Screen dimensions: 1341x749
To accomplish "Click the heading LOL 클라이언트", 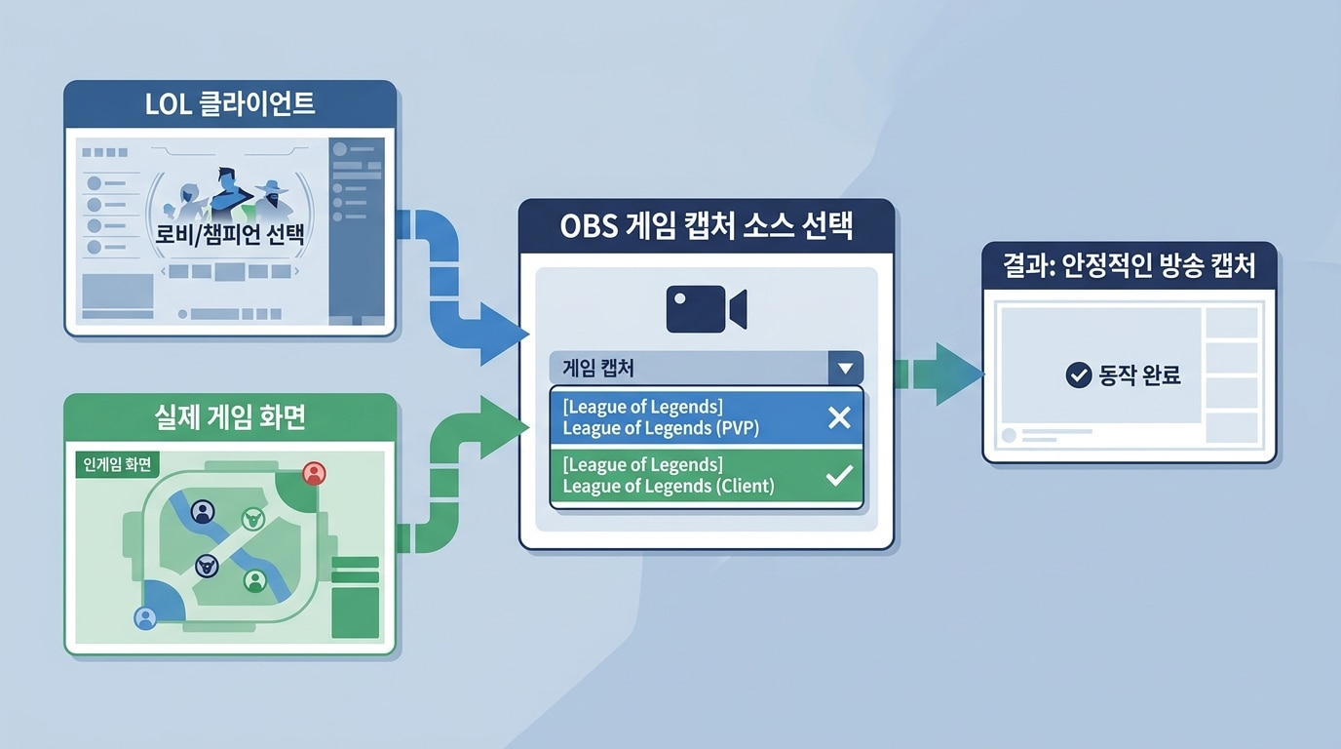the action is pyautogui.click(x=230, y=103).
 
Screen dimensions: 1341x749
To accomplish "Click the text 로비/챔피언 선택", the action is pyautogui.click(x=230, y=234).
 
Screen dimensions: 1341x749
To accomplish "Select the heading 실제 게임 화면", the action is pyautogui.click(x=230, y=417).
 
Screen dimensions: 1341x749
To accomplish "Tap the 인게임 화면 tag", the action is pyautogui.click(x=117, y=464).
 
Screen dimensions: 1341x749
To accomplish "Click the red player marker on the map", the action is pyautogui.click(x=314, y=473).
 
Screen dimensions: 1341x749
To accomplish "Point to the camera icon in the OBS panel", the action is pyautogui.click(x=707, y=308).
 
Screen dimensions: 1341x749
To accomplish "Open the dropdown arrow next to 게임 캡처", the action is pyautogui.click(x=845, y=368).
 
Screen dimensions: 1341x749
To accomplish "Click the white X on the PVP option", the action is pyautogui.click(x=839, y=417).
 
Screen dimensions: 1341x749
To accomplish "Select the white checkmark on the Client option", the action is pyautogui.click(x=839, y=476).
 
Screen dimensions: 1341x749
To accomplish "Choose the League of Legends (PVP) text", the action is pyautogui.click(x=661, y=428).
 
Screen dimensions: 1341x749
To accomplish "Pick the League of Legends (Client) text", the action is pyautogui.click(x=669, y=486).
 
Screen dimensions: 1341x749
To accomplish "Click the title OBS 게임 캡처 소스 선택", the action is pyautogui.click(x=707, y=226).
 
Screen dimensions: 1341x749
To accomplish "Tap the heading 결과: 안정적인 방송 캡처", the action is pyautogui.click(x=1130, y=265).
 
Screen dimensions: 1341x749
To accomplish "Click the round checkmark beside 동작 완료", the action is pyautogui.click(x=1079, y=375).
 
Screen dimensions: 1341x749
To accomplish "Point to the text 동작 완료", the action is pyautogui.click(x=1139, y=375).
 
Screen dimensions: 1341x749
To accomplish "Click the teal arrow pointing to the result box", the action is pyautogui.click(x=939, y=374).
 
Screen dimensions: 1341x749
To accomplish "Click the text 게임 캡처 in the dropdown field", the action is pyautogui.click(x=598, y=368).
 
